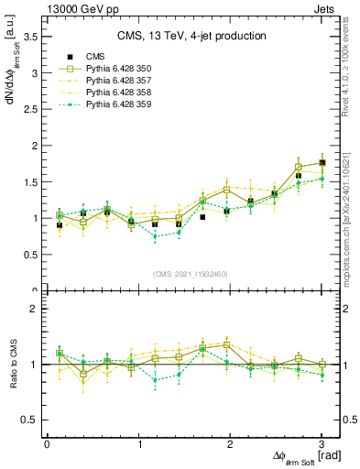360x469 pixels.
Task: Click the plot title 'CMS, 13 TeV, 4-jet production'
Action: point(191,36)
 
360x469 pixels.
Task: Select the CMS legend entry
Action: point(96,57)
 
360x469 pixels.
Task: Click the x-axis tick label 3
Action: point(322,444)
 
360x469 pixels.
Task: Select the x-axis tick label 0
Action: point(47,444)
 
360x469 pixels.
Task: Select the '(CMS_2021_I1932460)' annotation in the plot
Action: point(192,274)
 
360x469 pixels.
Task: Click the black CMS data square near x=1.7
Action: point(202,217)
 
